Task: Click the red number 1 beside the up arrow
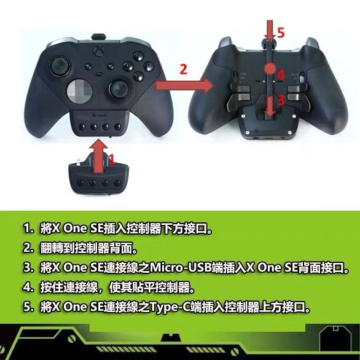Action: (111, 159)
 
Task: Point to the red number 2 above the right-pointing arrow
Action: (182, 69)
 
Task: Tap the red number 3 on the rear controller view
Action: (280, 98)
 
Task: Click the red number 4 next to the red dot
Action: (281, 74)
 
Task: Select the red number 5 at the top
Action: (281, 33)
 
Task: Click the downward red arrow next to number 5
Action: (268, 30)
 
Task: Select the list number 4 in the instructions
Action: (28, 286)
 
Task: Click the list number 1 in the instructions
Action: (28, 230)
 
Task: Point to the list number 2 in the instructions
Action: (28, 249)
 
